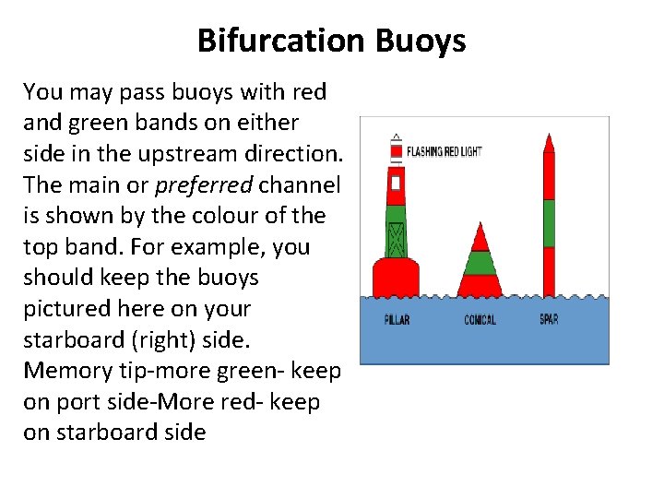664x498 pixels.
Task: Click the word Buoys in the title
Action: click(421, 41)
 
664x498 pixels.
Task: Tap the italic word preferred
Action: click(204, 184)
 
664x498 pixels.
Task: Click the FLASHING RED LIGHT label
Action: click(444, 151)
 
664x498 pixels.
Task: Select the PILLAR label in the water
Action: click(397, 320)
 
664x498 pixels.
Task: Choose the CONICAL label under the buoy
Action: click(480, 320)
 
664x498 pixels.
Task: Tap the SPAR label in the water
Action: click(549, 320)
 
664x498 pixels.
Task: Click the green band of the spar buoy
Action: click(549, 222)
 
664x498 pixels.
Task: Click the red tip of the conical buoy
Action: click(480, 238)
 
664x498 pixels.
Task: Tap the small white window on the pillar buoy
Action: click(396, 183)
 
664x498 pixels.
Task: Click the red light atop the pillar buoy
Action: click(396, 150)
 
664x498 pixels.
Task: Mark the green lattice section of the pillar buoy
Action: click(396, 235)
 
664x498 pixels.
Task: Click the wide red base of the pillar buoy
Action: click(396, 279)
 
